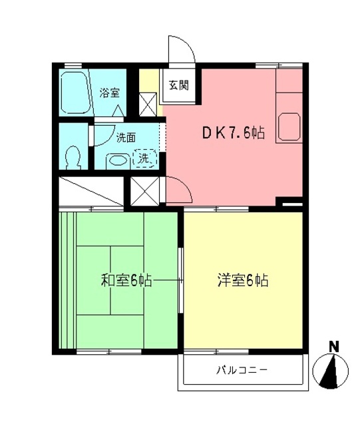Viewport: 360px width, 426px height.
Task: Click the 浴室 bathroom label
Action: (110, 93)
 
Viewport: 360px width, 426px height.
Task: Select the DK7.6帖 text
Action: (234, 132)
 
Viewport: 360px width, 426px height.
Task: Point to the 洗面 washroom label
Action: (126, 138)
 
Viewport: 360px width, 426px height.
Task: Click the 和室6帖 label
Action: (127, 281)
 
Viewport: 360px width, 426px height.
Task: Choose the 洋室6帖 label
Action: (243, 281)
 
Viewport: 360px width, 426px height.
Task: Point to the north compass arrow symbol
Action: (333, 371)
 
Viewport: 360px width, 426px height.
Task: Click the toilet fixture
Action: (73, 158)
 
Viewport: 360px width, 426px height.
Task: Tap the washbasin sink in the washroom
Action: (118, 160)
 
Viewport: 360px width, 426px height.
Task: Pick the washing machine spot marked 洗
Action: (145, 158)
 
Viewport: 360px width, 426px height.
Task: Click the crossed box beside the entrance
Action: (148, 103)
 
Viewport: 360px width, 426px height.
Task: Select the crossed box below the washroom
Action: (144, 192)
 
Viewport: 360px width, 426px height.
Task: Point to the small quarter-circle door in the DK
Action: (178, 190)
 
